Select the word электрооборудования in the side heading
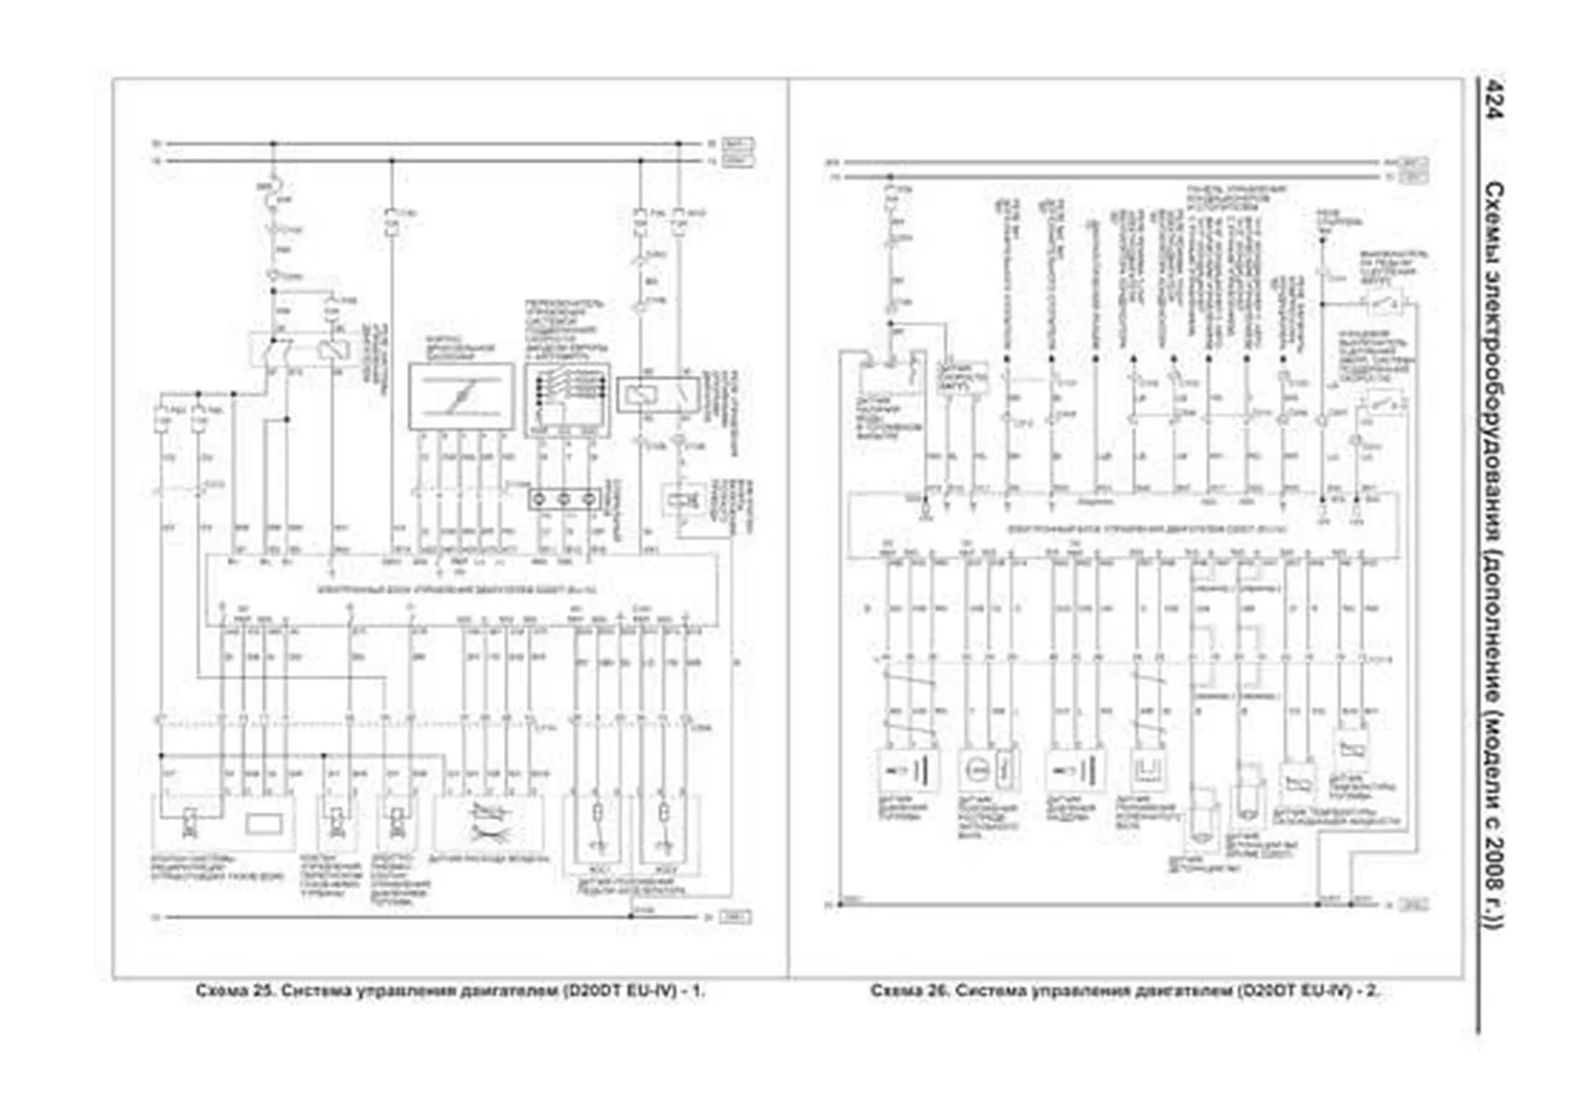click(1493, 407)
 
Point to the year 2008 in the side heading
click(1493, 865)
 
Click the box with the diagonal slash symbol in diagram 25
click(461, 397)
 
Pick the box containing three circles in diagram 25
click(563, 499)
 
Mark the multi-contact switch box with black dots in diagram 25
click(566, 396)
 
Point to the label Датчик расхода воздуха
click(489, 859)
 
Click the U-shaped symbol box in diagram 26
click(1151, 769)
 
